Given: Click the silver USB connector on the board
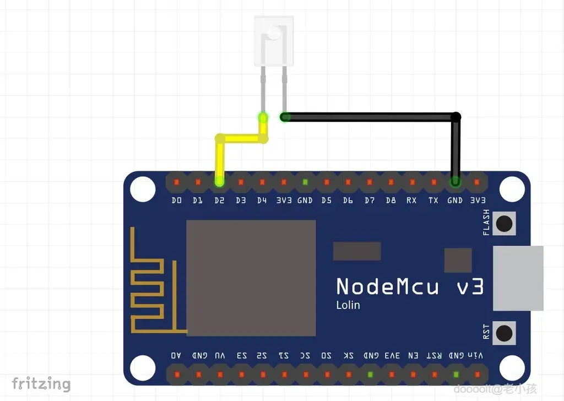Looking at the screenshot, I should [518, 278].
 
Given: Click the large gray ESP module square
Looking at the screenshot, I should [251, 278].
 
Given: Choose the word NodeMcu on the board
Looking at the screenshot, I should [388, 286].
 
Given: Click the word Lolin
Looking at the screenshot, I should [348, 305].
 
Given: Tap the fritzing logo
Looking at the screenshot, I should [41, 383].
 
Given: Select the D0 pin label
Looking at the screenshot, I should [176, 201].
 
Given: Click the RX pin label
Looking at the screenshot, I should [411, 201].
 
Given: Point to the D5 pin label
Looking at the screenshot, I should [327, 201].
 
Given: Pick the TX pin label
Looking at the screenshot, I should [433, 201].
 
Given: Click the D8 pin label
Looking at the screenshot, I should [391, 201].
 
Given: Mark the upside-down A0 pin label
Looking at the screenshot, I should [176, 356].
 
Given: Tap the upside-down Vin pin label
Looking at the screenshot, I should [477, 356].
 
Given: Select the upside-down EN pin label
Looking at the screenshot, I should [413, 356].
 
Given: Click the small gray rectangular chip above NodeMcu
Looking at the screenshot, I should [357, 251].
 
